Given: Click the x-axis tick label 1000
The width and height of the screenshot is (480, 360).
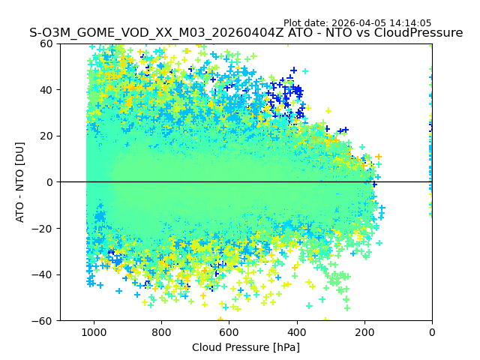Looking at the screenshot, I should coord(94,331).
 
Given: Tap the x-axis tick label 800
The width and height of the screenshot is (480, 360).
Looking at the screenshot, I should coord(161,331).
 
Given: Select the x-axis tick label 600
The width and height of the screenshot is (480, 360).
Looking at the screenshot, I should coord(229,331).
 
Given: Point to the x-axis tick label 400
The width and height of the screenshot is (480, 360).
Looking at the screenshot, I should coord(296,331).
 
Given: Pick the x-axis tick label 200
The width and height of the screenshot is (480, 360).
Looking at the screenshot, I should coord(364,331).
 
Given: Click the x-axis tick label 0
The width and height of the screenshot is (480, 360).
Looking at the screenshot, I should coord(432,331).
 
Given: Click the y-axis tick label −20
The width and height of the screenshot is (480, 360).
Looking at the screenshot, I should coord(44,228).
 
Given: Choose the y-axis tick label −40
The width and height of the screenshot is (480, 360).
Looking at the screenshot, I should coord(44,274).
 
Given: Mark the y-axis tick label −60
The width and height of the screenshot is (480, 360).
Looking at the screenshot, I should coord(44,321).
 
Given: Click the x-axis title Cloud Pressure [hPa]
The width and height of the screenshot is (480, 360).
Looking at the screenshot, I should coord(246,347).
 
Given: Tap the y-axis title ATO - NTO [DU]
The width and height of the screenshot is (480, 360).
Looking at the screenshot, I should coord(20,182).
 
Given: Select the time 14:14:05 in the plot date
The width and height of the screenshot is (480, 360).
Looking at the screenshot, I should coord(410,23).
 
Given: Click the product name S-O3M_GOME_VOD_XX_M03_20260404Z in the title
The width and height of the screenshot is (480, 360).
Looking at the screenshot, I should coord(156,33).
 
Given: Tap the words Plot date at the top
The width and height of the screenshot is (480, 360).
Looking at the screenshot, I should coord(306,23).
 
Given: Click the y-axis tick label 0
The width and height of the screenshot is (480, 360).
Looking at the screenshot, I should coord(50,182).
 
